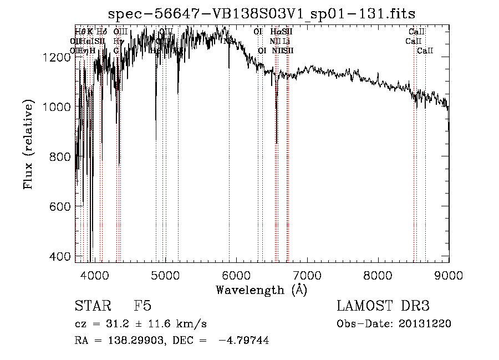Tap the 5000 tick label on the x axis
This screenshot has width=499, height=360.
[x=166, y=274]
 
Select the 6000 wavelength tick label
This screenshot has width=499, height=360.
[x=237, y=274]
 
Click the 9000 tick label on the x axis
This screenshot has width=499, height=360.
[x=449, y=274]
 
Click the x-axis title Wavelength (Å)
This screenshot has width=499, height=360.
[x=262, y=290]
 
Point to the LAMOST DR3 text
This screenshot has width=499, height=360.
[x=383, y=307]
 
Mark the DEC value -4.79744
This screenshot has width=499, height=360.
[x=244, y=341]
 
